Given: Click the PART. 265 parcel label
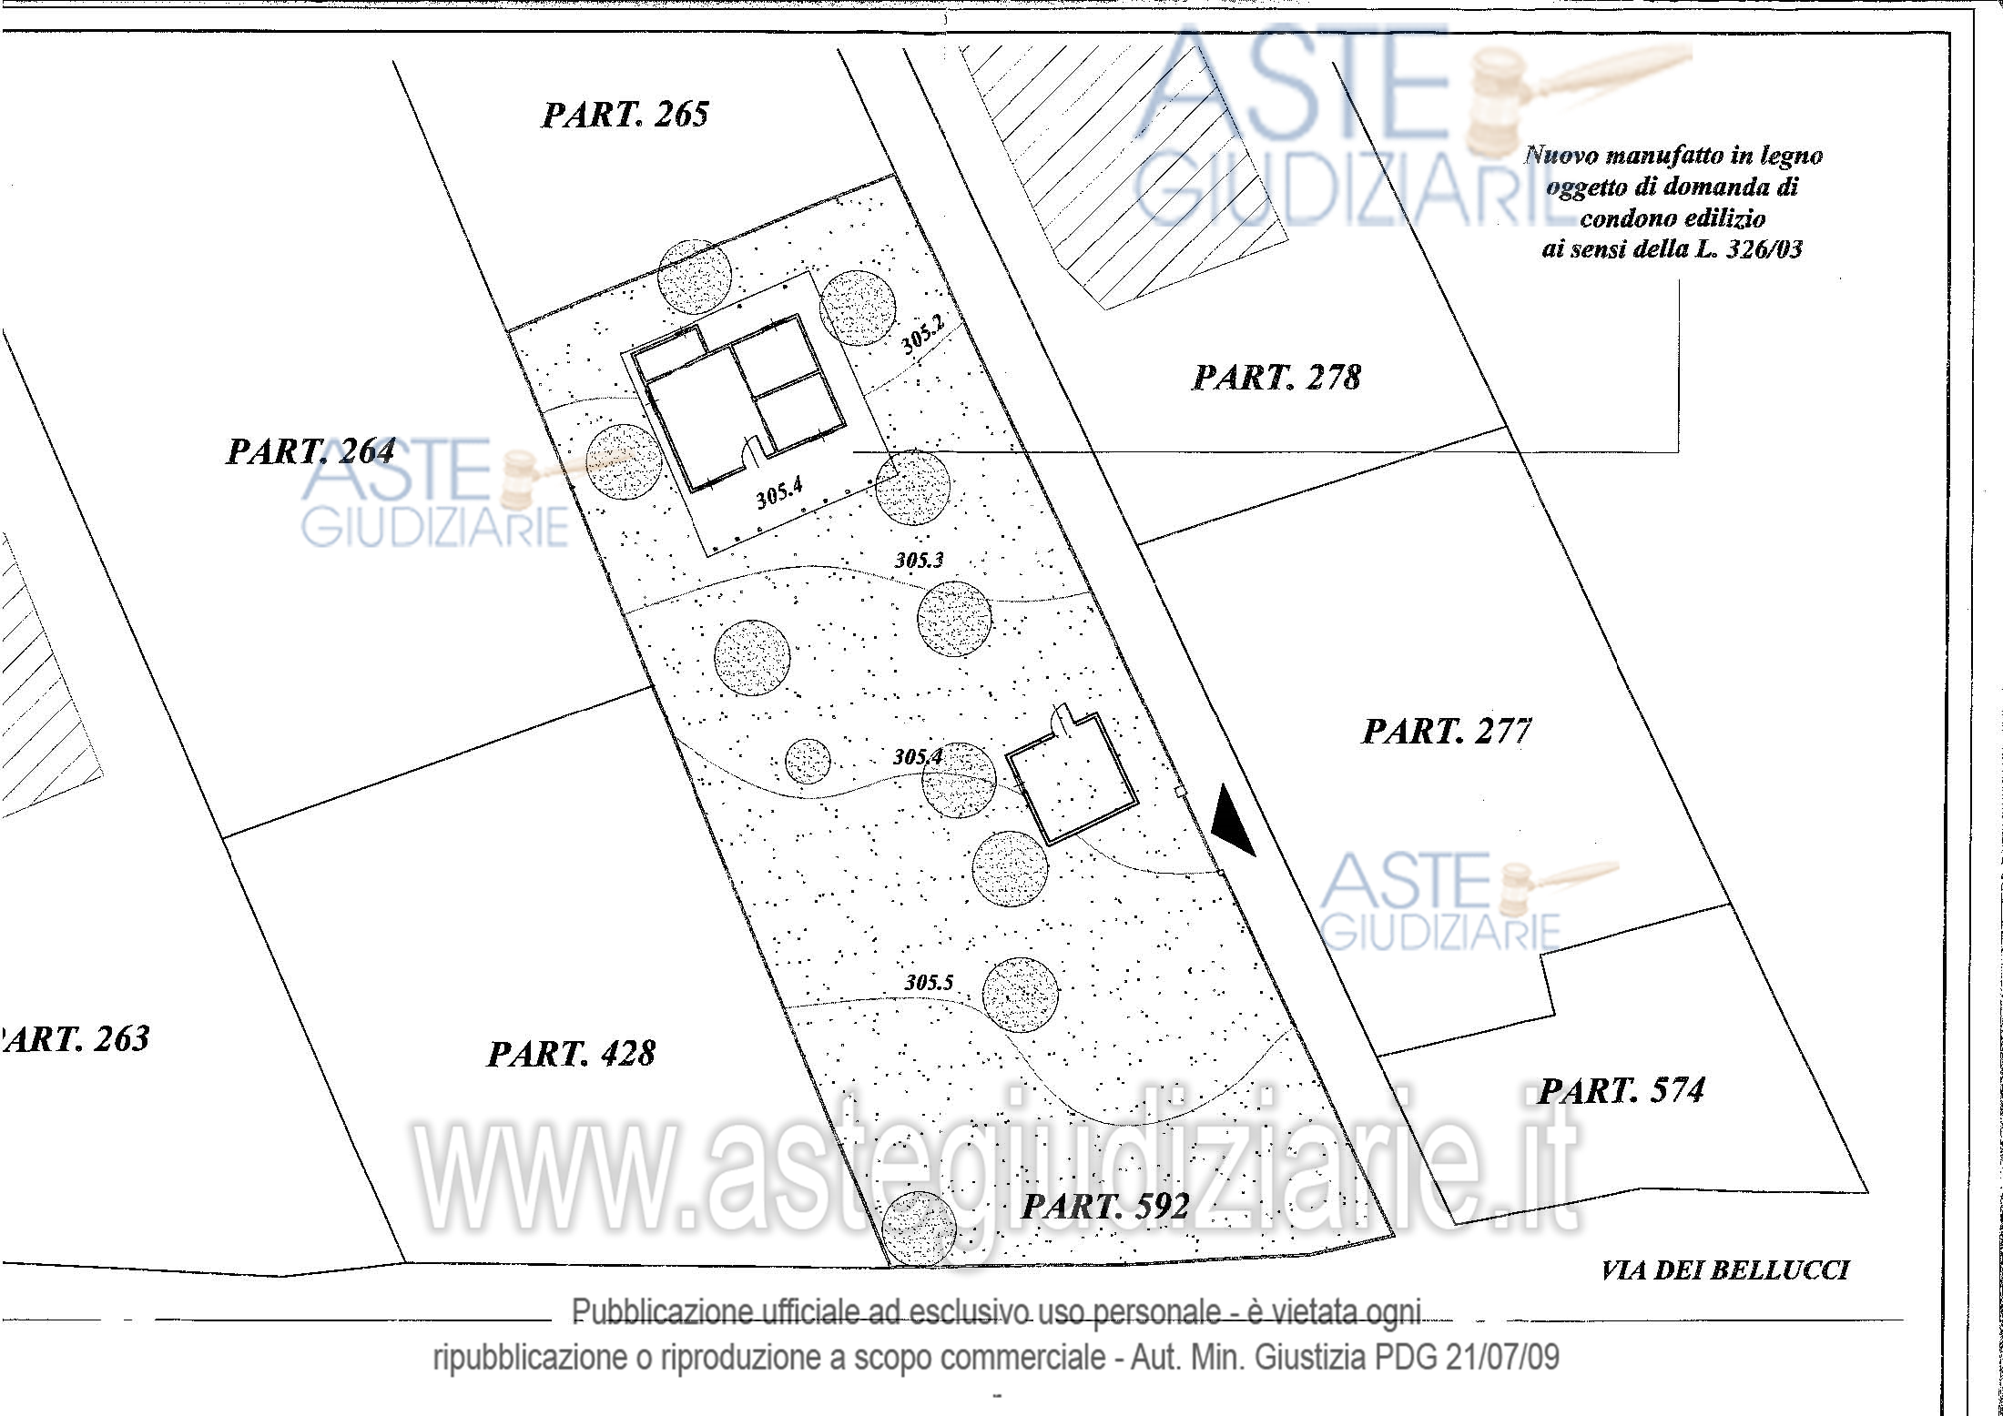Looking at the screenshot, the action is point(625,115).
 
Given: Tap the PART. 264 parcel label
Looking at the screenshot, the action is point(310,451).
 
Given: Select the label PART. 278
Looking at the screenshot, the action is point(1276,378).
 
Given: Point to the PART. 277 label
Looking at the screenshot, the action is point(1447,732).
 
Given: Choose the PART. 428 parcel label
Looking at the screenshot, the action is point(572,1054).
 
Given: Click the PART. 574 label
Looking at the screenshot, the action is point(1622,1090).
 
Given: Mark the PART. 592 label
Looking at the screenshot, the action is point(1105,1207).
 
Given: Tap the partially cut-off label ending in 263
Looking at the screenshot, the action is point(75,1038).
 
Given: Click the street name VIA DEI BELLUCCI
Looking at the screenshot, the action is point(1725,1270).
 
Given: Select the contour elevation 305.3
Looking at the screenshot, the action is point(920,560).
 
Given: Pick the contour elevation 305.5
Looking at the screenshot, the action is point(929,982).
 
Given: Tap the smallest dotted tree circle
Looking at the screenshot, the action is point(808,761).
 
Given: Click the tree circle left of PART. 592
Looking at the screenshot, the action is point(920,1229).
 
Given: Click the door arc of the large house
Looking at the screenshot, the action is point(755,449).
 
